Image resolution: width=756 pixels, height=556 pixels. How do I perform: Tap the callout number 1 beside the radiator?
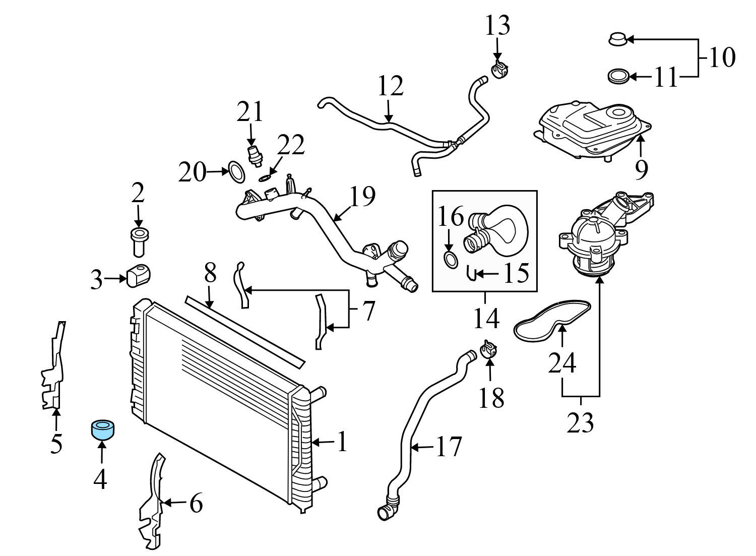point(342,442)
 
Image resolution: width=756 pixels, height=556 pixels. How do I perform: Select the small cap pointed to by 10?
point(617,39)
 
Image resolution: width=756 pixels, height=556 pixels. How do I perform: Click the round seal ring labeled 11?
point(617,77)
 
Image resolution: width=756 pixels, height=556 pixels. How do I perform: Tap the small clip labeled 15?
point(471,274)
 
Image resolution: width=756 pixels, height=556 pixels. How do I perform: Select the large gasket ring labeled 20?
point(236,172)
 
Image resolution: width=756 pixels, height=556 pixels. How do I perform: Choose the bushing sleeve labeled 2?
point(138,242)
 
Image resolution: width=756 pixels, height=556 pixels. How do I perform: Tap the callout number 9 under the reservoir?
point(641,170)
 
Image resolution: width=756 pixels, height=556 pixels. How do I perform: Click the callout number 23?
point(580,422)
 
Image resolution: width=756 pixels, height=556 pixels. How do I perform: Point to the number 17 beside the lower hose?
point(448,447)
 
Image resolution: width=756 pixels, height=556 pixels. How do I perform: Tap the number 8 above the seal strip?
point(210,273)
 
